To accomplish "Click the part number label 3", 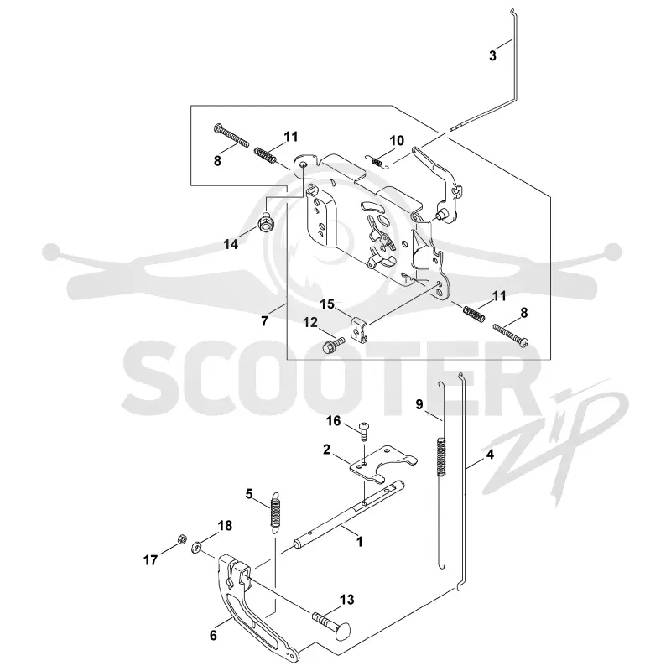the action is (x=492, y=55).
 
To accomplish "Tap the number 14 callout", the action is (x=231, y=244).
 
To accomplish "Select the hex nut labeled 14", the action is (x=265, y=221).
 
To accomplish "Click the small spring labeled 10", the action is (x=377, y=162).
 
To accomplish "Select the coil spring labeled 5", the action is (x=275, y=512).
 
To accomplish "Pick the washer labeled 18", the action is (x=197, y=546).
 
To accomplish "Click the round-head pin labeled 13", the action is (x=331, y=620).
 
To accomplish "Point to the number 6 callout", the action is (x=213, y=635).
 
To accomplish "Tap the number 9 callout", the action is (x=419, y=404).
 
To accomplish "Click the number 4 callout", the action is (x=491, y=454).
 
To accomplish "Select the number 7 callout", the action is (x=264, y=321).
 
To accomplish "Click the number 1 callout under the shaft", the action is (x=360, y=541).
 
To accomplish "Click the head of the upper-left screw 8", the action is (x=217, y=127).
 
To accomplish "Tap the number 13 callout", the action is (x=346, y=600).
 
